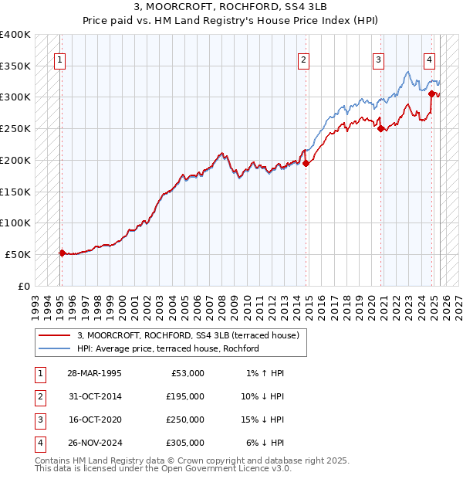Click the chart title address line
pyautogui.click(x=231, y=8)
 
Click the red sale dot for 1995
pyautogui.click(x=62, y=253)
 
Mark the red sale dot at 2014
pyautogui.click(x=306, y=163)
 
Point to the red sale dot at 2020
pyautogui.click(x=381, y=129)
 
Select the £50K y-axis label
pyautogui.click(x=19, y=254)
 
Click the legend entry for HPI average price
pyautogui.click(x=167, y=349)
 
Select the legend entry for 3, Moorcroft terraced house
pyautogui.click(x=192, y=335)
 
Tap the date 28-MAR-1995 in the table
pyautogui.click(x=95, y=373)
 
